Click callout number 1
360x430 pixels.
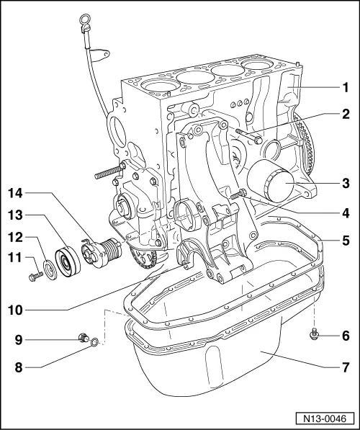click(345, 88)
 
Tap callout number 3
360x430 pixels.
click(345, 184)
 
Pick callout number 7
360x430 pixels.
click(345, 367)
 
